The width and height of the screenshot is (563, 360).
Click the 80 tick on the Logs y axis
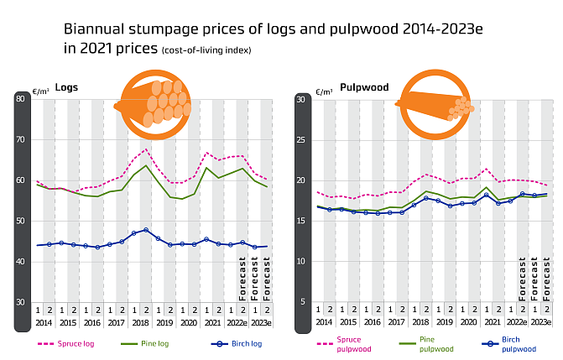[x=21, y=99]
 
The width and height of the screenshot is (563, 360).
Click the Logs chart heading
[x=66, y=87]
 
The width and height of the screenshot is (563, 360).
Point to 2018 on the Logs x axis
[x=140, y=322]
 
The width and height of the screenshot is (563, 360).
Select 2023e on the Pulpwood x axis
[x=541, y=322]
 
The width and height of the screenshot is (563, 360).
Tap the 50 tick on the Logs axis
[x=21, y=221]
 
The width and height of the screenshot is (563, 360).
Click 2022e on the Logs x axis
[x=237, y=322]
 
